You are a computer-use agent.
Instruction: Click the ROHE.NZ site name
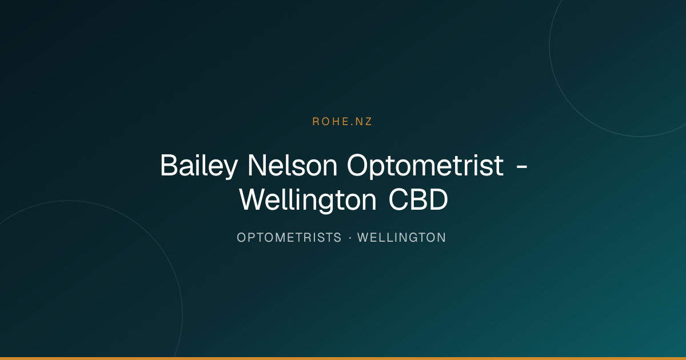[342, 122]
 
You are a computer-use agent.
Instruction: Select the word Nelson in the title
[293, 165]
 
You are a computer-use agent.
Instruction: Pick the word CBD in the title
[418, 199]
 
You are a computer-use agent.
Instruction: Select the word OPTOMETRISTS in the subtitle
[289, 238]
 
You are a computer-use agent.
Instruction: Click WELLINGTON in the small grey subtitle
[401, 238]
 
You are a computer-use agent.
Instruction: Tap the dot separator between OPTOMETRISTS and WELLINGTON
[350, 238]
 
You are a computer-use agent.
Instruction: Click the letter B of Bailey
[169, 165]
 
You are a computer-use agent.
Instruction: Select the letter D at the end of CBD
[438, 199]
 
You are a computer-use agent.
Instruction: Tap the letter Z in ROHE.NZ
[368, 122]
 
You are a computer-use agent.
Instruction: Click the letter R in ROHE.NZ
[316, 122]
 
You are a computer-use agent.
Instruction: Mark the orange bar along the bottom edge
[343, 358]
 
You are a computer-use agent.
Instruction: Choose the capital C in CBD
[398, 199]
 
